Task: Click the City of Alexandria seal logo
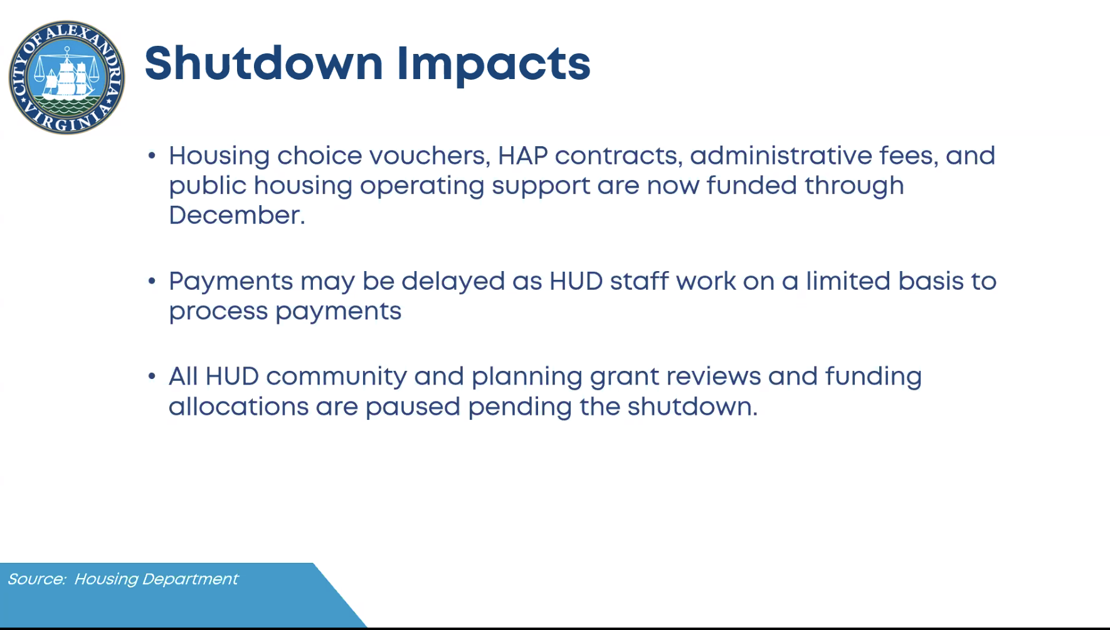pos(66,77)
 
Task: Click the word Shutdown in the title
pos(263,63)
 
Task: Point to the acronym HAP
pos(522,156)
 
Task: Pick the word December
pos(237,215)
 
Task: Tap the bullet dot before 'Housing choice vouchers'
pos(152,156)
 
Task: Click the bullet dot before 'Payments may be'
pos(152,281)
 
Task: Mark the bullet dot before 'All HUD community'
pos(152,376)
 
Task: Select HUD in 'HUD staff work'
pos(576,281)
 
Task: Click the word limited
pos(848,281)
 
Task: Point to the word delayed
pos(453,282)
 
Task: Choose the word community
pos(336,377)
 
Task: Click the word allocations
pos(238,407)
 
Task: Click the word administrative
pos(781,156)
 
